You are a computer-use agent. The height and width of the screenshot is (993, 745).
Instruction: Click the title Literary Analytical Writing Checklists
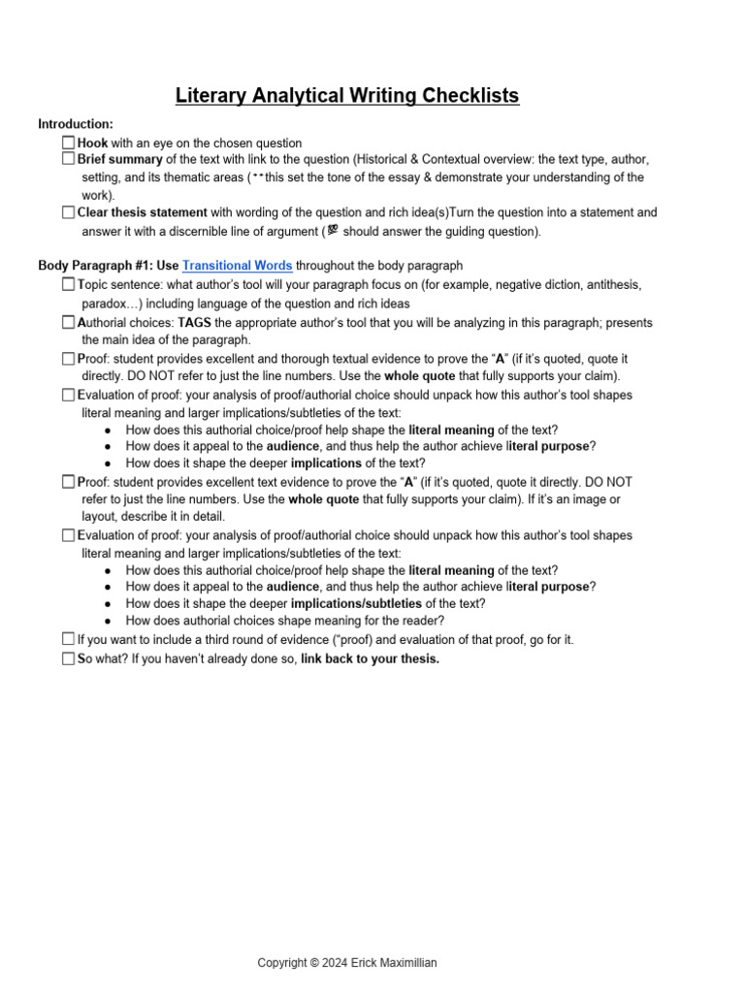pos(347,95)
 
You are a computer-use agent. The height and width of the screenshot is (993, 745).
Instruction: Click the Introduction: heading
pos(76,124)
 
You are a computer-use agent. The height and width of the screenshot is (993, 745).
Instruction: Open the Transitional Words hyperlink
pos(237,266)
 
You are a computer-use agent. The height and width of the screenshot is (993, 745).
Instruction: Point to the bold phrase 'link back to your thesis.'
pos(370,659)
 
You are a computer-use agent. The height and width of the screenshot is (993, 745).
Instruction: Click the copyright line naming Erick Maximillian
pos(347,963)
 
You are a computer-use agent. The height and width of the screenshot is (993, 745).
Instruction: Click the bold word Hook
pos(92,144)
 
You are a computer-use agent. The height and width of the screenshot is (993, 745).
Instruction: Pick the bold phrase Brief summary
pos(120,159)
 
